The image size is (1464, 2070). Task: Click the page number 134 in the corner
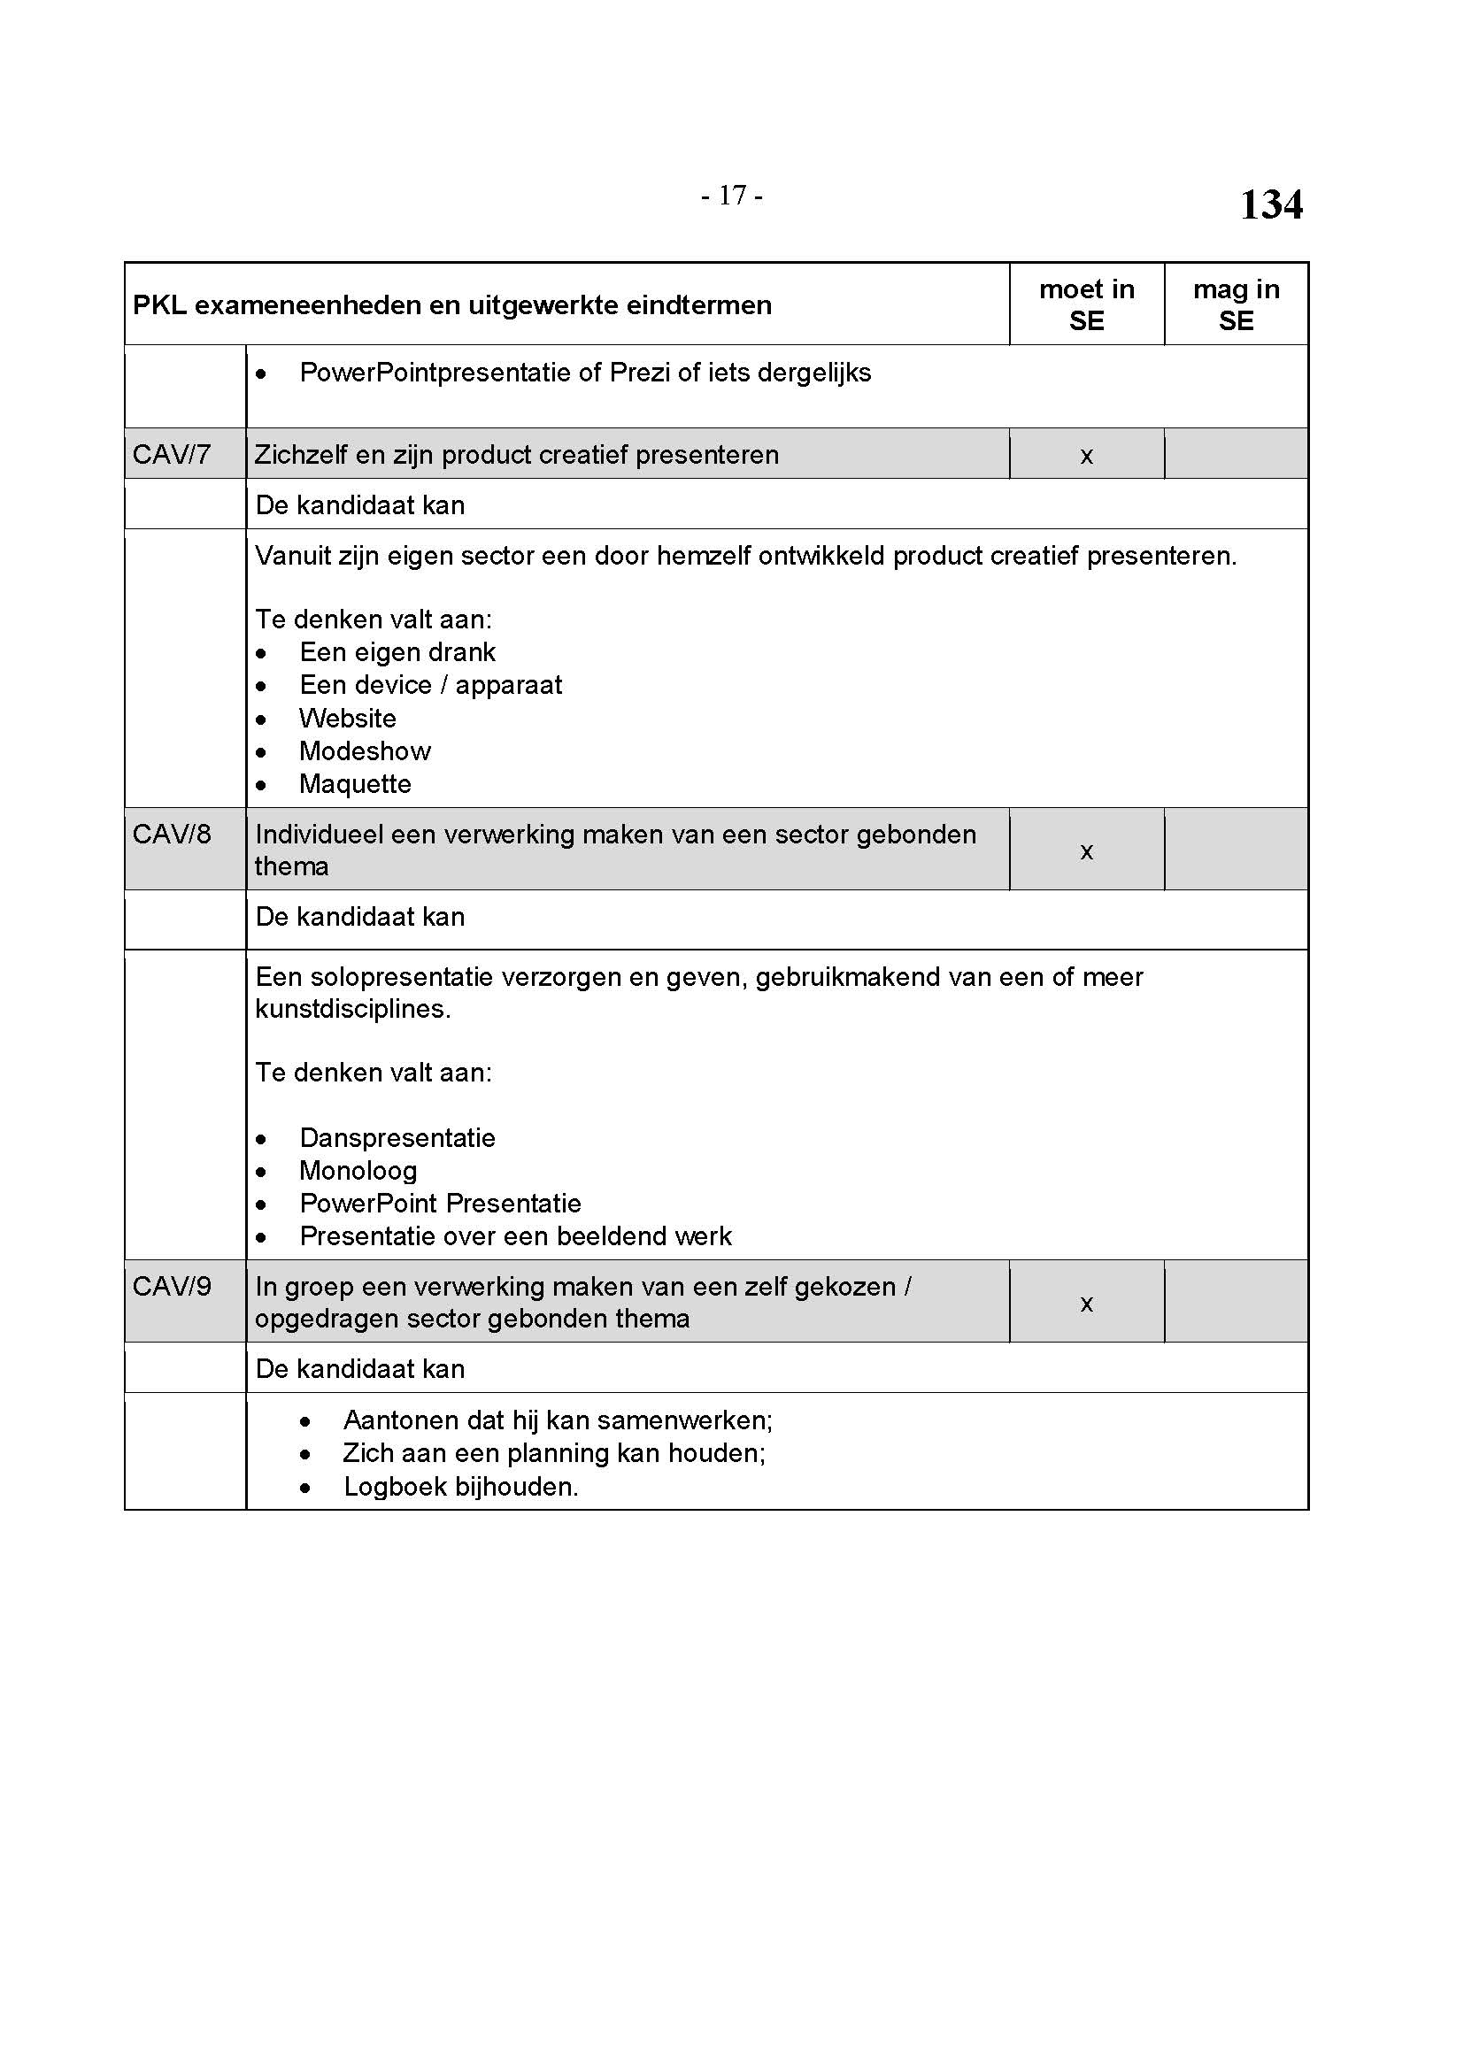pos(1270,204)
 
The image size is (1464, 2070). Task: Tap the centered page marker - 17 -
pos(732,195)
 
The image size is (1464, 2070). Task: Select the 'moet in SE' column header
pos(1086,304)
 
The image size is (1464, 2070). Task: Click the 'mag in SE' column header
pos(1236,304)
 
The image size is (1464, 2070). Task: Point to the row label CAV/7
pos(172,454)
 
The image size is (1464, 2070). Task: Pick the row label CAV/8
pos(172,834)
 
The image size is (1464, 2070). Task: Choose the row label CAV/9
pos(172,1287)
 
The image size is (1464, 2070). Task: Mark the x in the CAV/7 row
pos(1086,456)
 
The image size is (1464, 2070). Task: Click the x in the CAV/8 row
pos(1086,851)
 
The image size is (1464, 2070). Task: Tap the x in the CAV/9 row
pos(1086,1304)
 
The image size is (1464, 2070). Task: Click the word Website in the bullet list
pos(348,719)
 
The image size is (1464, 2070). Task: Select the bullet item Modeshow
pos(365,751)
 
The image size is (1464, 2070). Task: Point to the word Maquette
pos(355,784)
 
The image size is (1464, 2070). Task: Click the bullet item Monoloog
pos(358,1171)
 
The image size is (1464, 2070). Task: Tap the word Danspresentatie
pos(397,1138)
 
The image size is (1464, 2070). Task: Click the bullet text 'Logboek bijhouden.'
pos(460,1487)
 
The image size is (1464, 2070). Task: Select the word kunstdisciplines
pos(352,1009)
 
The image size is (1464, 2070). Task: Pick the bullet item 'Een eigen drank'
pos(397,652)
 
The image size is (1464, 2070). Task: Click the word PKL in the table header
pos(159,305)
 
